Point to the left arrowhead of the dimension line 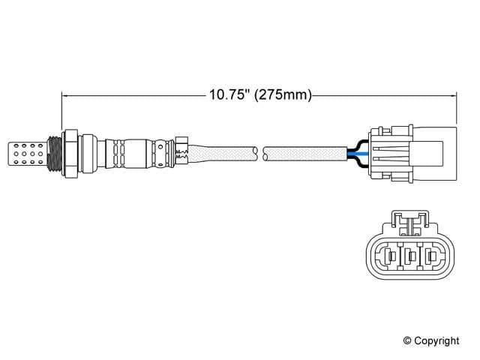[x=65, y=95]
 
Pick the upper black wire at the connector [x=355, y=143]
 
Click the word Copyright [x=437, y=341]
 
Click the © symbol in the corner [x=408, y=341]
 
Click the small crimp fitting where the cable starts [x=181, y=150]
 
